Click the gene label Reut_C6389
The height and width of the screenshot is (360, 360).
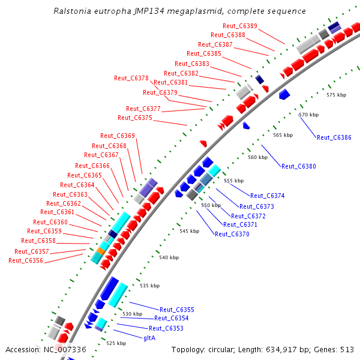tap(239, 26)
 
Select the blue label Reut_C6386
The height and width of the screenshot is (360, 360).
tap(334, 137)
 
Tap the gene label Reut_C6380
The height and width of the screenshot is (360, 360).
tap(298, 166)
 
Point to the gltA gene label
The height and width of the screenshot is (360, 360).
tap(149, 338)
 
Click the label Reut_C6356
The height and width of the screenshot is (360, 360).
tap(26, 260)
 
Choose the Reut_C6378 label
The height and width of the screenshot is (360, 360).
tap(131, 78)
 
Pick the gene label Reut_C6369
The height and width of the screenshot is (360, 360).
tap(117, 136)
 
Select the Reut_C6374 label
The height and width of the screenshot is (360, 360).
tap(267, 196)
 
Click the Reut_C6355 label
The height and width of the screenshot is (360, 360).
tap(176, 310)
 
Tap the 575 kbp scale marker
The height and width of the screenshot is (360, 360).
tap(336, 95)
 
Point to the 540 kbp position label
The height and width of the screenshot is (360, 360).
tap(169, 257)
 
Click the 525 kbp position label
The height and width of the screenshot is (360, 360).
tap(116, 343)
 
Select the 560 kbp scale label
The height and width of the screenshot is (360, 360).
tap(257, 157)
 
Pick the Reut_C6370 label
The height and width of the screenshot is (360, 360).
tap(232, 234)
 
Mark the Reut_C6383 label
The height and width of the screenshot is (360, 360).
tap(191, 64)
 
